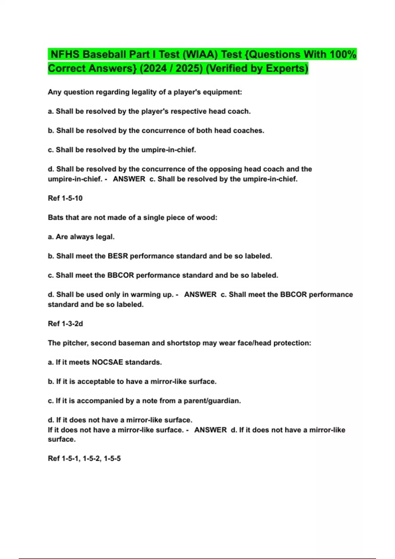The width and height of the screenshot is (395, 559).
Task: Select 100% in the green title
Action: point(343,54)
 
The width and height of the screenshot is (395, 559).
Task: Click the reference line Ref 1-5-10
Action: point(65,198)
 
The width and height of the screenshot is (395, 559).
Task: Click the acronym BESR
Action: point(118,256)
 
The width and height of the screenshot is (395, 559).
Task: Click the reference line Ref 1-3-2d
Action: point(65,324)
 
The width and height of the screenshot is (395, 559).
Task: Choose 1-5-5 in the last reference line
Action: point(112,458)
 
